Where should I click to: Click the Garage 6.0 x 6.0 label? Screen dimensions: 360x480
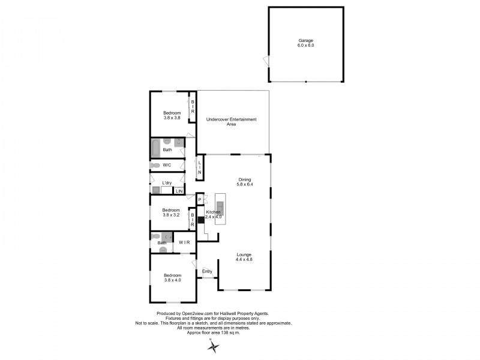[306, 43]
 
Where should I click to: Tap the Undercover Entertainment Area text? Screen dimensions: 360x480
[231, 122]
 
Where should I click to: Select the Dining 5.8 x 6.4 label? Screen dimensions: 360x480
[245, 182]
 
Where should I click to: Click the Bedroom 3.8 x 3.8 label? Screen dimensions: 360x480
[172, 116]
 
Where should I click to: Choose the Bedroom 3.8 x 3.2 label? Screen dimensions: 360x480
[172, 212]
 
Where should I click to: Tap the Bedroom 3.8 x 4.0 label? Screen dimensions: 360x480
[172, 278]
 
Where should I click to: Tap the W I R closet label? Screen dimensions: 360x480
[185, 242]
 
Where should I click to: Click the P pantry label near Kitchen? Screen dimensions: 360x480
[199, 200]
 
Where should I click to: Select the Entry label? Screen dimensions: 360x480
[207, 272]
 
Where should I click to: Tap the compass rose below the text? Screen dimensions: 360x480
[211, 346]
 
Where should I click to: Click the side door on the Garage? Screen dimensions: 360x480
[266, 60]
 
